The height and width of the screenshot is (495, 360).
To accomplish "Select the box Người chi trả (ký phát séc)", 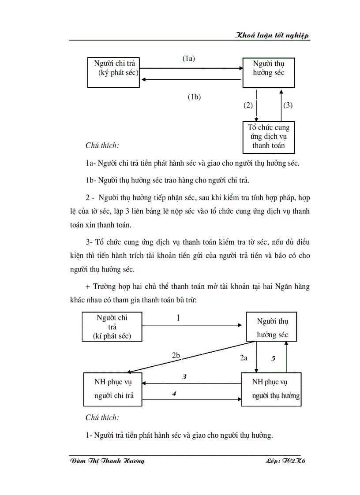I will [x=114, y=72].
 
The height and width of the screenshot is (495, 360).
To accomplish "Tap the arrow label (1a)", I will [x=189, y=58].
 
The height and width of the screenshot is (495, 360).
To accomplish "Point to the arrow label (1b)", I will [x=194, y=97].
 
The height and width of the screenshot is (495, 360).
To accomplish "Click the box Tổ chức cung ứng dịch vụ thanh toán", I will [x=269, y=137].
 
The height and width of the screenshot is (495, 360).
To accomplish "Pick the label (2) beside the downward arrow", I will [x=248, y=105].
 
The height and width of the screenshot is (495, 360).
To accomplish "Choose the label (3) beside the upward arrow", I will [x=288, y=105].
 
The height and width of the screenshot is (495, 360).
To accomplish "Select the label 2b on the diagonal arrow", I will [x=176, y=355].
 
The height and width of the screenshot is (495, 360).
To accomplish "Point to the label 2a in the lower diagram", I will [x=244, y=358].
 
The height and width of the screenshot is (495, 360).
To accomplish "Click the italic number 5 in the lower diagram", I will [x=273, y=358].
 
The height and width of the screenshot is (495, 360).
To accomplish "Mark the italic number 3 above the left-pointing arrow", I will [x=185, y=377].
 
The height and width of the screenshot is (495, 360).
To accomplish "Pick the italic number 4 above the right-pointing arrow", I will [x=175, y=393].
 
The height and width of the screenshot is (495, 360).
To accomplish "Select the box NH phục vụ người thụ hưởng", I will [x=271, y=389].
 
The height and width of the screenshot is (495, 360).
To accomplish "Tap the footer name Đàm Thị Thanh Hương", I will [x=108, y=461].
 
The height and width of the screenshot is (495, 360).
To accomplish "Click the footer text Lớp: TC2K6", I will [x=286, y=461].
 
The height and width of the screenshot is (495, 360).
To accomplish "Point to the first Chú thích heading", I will [x=102, y=145].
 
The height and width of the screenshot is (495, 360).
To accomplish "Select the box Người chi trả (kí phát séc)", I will [x=112, y=327].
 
